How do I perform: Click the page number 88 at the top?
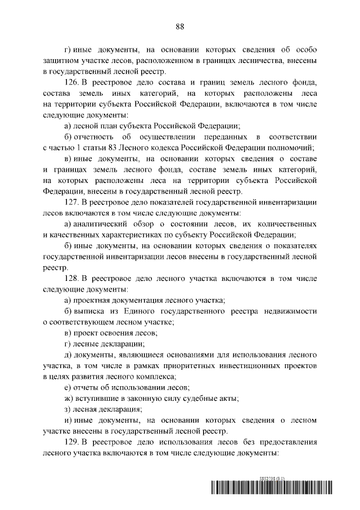point(180,26)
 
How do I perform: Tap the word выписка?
point(91,311)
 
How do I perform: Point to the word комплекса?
point(154,377)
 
